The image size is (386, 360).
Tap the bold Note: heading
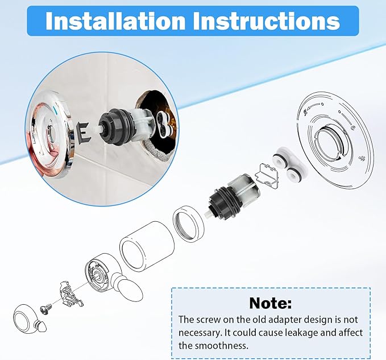coord(270,303)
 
